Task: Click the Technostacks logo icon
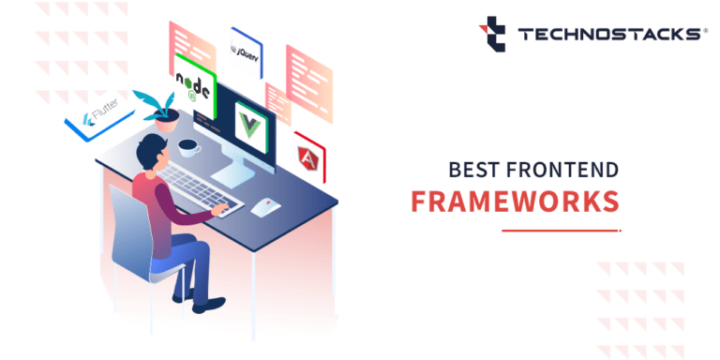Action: (x=493, y=34)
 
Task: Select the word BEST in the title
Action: (x=472, y=171)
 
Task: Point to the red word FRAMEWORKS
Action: (x=516, y=202)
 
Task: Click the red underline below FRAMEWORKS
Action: (x=561, y=230)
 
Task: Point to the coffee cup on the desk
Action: (x=189, y=146)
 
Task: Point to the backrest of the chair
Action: (x=131, y=226)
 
